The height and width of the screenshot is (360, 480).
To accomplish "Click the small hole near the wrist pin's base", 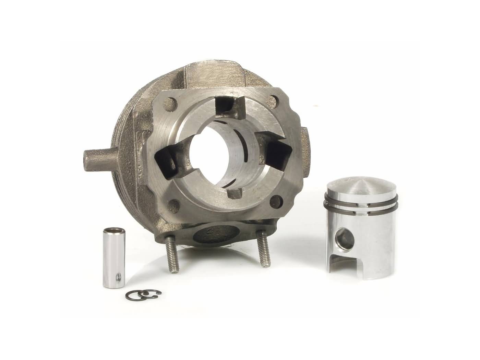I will point(118,266).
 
